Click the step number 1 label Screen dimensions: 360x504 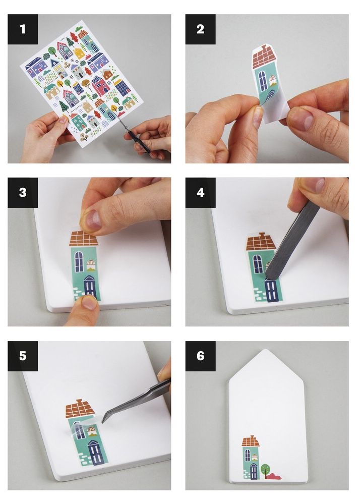pyautogui.click(x=23, y=29)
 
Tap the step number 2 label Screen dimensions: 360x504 pyautogui.click(x=200, y=29)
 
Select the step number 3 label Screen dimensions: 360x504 pyautogui.click(x=23, y=193)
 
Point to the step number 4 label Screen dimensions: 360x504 pyautogui.click(x=200, y=193)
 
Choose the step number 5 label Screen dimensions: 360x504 pyautogui.click(x=23, y=356)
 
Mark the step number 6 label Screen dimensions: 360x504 pyautogui.click(x=200, y=356)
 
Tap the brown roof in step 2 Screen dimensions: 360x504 pyautogui.click(x=264, y=57)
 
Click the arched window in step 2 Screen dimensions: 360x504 pyautogui.click(x=263, y=81)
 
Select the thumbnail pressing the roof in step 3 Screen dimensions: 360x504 pyautogui.click(x=93, y=219)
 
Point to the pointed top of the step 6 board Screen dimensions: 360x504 pyautogui.click(x=266, y=350)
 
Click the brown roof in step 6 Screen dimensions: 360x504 pyautogui.click(x=251, y=441)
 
